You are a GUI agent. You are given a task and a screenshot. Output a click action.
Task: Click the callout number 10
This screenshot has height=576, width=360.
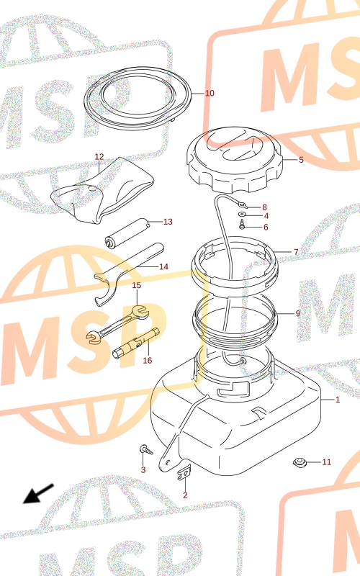(x=210, y=94)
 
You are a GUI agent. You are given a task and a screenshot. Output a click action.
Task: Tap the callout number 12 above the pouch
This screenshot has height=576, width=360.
(x=99, y=157)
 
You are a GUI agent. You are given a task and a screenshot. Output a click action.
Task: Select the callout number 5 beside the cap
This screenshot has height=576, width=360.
(x=301, y=160)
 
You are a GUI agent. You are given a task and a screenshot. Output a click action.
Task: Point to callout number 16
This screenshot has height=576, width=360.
(x=148, y=361)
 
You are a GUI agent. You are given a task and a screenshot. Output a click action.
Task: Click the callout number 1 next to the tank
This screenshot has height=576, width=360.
(x=338, y=400)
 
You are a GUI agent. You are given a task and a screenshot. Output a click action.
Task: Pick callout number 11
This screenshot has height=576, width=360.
(x=327, y=462)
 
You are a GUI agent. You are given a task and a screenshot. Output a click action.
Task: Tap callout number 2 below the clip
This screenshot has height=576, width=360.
(x=185, y=495)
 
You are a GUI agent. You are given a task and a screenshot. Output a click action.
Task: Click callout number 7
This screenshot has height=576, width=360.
(x=296, y=252)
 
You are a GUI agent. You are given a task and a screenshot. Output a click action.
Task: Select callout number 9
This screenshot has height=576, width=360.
(x=298, y=313)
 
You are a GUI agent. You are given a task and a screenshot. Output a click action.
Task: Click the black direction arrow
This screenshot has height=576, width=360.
(x=39, y=493)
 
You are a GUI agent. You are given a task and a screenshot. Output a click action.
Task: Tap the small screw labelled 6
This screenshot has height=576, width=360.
(x=242, y=224)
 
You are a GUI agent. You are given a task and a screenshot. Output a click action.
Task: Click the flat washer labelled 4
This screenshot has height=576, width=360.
(x=242, y=215)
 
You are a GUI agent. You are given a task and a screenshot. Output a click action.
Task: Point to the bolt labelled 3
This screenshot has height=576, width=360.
(x=146, y=449)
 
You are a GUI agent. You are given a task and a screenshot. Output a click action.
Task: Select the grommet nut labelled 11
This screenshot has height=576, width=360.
(x=300, y=462)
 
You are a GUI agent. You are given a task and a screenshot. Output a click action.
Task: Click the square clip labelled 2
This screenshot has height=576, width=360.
(x=184, y=472)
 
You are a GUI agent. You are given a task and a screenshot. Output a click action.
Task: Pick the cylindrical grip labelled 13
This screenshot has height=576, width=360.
(x=127, y=232)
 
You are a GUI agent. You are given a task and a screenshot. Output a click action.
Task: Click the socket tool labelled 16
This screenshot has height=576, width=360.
(x=136, y=343)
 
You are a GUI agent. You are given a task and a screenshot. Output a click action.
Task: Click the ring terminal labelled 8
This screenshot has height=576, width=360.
(x=242, y=204)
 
